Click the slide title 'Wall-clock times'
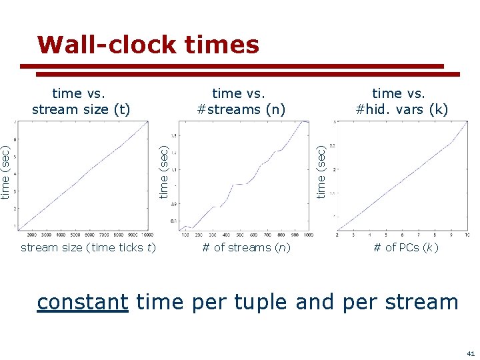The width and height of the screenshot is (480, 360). point(148,45)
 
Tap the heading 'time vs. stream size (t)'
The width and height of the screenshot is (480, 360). point(81,101)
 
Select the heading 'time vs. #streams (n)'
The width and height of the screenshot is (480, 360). point(241,101)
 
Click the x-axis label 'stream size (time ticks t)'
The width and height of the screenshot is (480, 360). point(88,248)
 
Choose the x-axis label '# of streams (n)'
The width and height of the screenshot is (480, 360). point(247,248)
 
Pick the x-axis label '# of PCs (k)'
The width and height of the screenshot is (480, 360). point(405,248)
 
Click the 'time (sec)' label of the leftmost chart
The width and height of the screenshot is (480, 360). point(6,173)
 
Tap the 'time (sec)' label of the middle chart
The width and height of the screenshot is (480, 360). point(164,173)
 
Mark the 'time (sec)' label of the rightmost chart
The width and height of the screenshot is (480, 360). point(321,173)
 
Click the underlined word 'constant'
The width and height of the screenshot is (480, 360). point(82,302)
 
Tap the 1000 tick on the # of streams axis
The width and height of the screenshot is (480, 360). point(308,235)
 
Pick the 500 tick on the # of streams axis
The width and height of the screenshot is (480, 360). point(240,235)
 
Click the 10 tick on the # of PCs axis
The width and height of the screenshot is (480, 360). point(466,235)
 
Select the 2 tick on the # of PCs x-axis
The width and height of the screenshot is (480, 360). point(337,235)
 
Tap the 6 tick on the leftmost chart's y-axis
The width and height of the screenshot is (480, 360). point(16,139)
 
